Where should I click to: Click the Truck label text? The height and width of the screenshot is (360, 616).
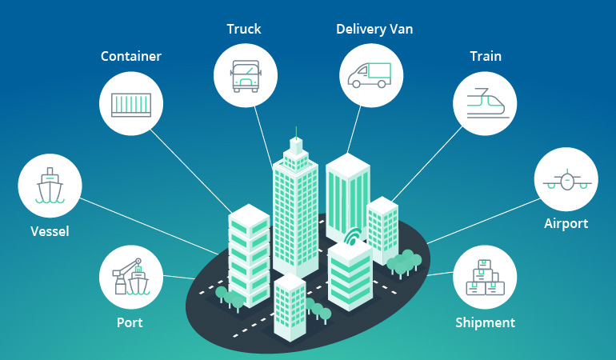[x=243, y=30]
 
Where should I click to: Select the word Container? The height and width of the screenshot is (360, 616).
[x=131, y=56]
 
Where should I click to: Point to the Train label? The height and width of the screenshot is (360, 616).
[x=486, y=57]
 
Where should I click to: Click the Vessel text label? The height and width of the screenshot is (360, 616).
[x=50, y=232]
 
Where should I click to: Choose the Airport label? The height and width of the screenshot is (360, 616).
[x=566, y=223]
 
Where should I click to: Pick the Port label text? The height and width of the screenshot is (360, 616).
[x=130, y=323]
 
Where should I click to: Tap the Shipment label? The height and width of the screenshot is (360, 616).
[x=485, y=323]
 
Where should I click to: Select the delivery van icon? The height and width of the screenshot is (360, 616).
[x=370, y=74]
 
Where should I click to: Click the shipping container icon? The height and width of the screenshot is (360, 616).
[x=131, y=103]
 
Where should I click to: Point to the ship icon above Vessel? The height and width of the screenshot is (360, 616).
[x=50, y=186]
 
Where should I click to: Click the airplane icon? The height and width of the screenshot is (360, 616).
[x=566, y=181]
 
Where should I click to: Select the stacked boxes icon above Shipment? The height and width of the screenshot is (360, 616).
[x=485, y=277]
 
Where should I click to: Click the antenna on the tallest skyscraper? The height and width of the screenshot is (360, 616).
[x=296, y=132]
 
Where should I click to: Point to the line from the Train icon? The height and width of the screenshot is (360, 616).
[x=432, y=160]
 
